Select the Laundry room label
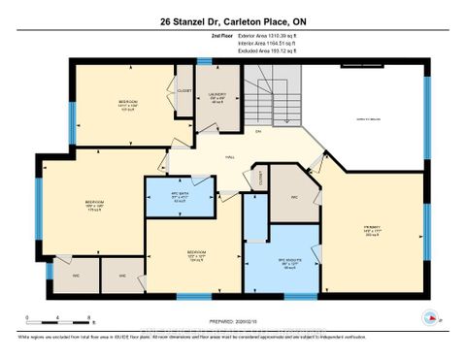click(x=217, y=96)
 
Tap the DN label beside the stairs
click(x=258, y=131)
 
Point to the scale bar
click(x=59, y=318)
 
